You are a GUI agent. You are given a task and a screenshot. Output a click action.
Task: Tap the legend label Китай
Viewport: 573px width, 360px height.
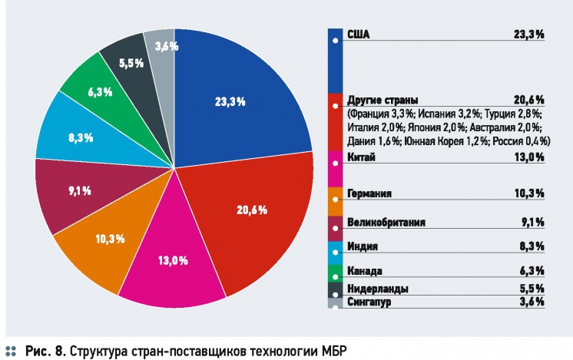coord(360,157)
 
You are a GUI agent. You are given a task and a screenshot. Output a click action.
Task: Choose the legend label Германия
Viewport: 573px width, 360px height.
coord(369,193)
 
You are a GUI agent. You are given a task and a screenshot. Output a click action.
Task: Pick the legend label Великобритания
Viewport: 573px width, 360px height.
coord(386,223)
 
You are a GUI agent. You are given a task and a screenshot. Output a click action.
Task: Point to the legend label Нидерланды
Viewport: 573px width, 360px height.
coord(376,289)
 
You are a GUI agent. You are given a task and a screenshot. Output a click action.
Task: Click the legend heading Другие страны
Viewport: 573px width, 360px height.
coord(383,100)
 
